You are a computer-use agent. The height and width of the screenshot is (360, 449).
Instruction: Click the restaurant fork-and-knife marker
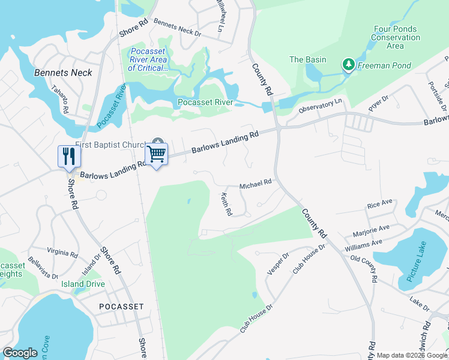tap(68, 156)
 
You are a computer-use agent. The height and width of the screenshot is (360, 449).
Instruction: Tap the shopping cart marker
tap(157, 154)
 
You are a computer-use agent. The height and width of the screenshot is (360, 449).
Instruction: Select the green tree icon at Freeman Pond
tap(348, 64)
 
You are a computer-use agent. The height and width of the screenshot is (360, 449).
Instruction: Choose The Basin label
tap(308, 59)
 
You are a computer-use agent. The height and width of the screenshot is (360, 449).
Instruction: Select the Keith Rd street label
tap(226, 205)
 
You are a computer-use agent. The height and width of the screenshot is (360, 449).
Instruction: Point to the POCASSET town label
tap(121, 307)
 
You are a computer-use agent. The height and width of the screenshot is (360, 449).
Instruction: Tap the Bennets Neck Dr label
tap(177, 27)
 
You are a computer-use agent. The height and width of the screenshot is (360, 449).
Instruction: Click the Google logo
tap(20, 353)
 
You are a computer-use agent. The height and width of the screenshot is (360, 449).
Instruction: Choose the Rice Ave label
tap(379, 205)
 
